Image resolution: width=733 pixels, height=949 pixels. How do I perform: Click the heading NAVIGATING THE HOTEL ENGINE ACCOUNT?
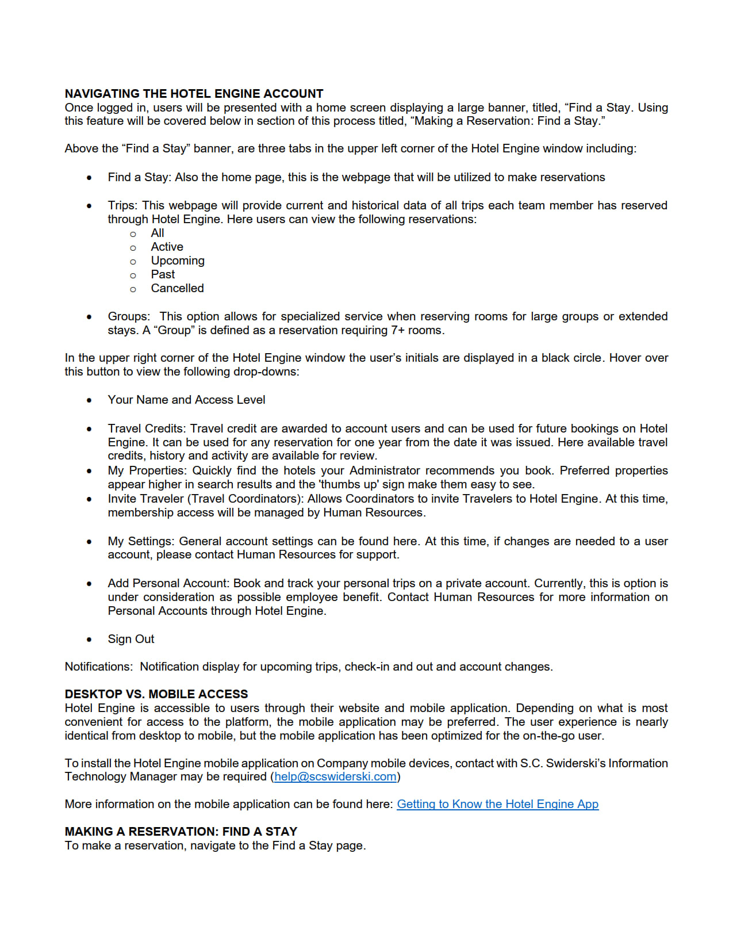(x=194, y=94)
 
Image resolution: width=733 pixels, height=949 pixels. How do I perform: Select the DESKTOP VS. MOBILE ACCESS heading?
(x=156, y=694)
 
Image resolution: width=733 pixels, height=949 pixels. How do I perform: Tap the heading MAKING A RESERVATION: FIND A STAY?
(x=181, y=832)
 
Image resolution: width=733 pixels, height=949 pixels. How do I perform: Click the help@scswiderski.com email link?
(x=335, y=776)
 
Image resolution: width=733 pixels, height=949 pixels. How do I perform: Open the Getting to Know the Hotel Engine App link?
(x=497, y=804)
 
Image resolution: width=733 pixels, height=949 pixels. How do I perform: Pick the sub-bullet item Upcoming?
(x=178, y=261)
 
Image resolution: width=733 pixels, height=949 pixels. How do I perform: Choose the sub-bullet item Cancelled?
(x=177, y=288)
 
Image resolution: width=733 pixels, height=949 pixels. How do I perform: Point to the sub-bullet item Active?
(x=167, y=247)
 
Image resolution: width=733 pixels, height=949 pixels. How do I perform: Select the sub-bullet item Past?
(x=163, y=274)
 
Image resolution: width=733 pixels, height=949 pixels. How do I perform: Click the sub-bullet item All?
(x=158, y=233)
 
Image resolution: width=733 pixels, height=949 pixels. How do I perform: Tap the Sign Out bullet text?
(x=131, y=639)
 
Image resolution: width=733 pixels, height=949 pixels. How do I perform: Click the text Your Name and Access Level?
(x=186, y=400)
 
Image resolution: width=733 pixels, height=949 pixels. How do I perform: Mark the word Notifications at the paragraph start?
(x=98, y=667)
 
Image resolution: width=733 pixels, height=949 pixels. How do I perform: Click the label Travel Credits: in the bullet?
(x=147, y=428)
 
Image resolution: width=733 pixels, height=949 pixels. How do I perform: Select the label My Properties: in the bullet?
(x=147, y=470)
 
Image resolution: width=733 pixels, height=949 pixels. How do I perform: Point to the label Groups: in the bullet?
(x=129, y=316)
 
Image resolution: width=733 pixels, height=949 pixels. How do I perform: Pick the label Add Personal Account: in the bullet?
(x=168, y=583)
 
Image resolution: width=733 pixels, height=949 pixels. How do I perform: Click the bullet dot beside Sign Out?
(x=89, y=640)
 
